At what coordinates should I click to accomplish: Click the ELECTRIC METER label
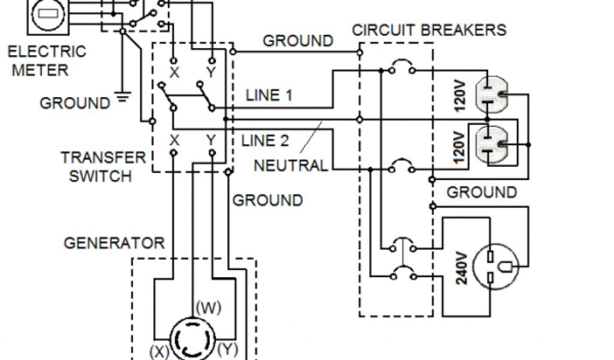(x=47, y=61)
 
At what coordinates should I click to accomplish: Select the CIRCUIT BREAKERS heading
(x=429, y=29)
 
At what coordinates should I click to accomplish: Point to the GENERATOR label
(x=114, y=243)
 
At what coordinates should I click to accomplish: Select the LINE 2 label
(x=265, y=141)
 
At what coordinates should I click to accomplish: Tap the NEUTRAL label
(x=291, y=165)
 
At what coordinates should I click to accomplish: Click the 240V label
(x=462, y=268)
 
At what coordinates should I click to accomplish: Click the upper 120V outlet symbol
(x=490, y=95)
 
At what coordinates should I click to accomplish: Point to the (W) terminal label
(x=207, y=308)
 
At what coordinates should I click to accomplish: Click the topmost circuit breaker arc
(x=401, y=64)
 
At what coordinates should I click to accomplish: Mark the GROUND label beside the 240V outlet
(x=481, y=192)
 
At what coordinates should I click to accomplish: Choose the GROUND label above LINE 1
(x=298, y=41)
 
